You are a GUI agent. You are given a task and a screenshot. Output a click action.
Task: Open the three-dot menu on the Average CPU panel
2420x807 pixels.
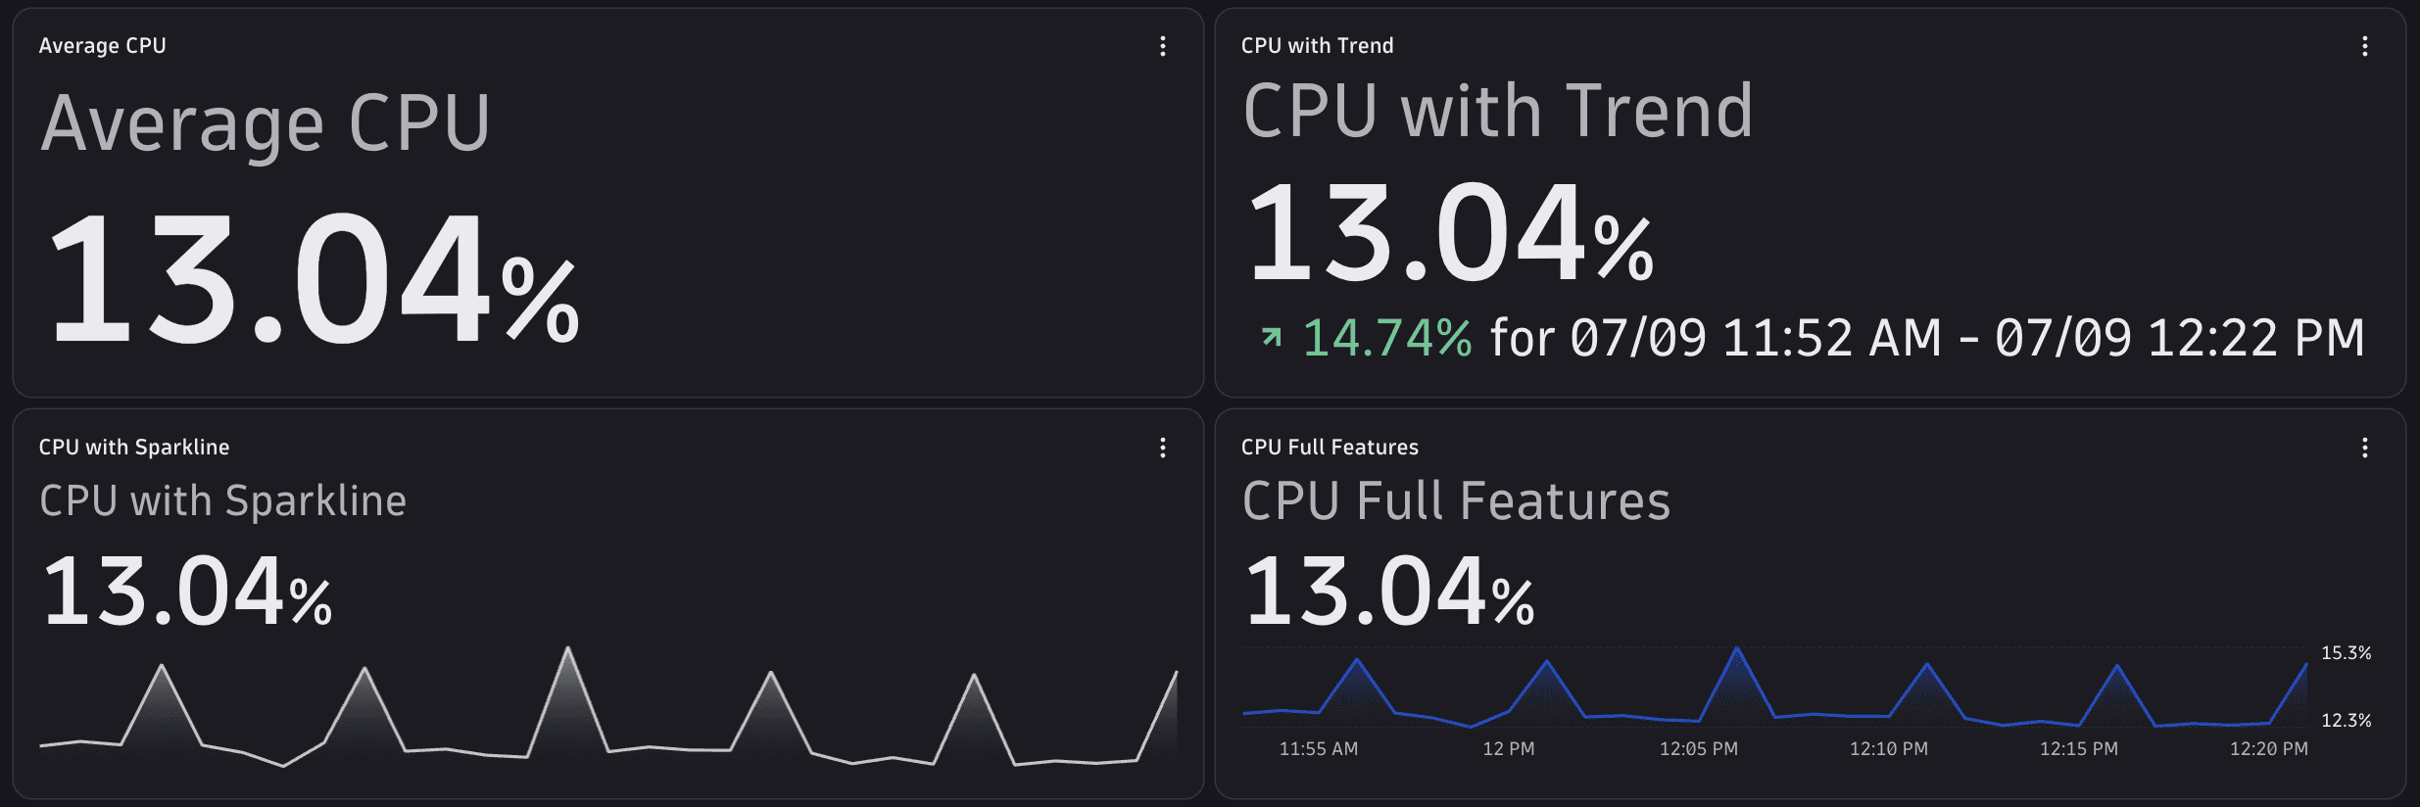[x=1163, y=46]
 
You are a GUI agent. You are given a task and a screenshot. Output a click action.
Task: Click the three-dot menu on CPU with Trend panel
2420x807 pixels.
[x=2365, y=46]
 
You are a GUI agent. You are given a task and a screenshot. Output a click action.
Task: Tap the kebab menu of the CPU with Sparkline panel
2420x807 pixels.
[x=1163, y=448]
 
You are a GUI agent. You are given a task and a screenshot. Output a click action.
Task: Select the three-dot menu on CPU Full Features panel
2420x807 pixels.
[x=2365, y=448]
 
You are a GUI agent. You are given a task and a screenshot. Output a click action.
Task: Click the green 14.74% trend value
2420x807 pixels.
[x=1386, y=338]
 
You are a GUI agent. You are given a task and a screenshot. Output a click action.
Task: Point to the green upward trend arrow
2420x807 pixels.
[x=1272, y=337]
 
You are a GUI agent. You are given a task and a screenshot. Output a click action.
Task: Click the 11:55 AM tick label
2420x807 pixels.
[x=1319, y=749]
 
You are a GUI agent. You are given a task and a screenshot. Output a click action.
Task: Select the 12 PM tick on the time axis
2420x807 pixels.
[x=1509, y=749]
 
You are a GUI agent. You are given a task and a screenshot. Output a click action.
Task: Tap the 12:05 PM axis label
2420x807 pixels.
[x=1699, y=749]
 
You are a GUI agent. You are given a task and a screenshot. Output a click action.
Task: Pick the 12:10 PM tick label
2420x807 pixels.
[x=1889, y=749]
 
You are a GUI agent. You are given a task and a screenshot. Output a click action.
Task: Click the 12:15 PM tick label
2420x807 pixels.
[x=2079, y=749]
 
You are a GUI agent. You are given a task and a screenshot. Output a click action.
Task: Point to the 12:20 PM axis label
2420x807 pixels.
[x=2269, y=749]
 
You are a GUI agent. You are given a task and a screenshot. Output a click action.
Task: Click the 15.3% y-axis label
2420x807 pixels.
[x=2347, y=653]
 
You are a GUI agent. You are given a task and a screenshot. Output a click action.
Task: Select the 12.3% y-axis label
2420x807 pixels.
[x=2347, y=721]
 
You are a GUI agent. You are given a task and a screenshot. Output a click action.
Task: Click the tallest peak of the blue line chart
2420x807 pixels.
[x=1737, y=648]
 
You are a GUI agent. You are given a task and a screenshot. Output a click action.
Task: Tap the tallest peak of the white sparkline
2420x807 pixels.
[x=568, y=648]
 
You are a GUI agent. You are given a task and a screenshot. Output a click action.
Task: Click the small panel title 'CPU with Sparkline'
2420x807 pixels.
[x=134, y=448]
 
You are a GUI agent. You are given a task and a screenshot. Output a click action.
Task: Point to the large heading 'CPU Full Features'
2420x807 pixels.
[x=1456, y=501]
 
